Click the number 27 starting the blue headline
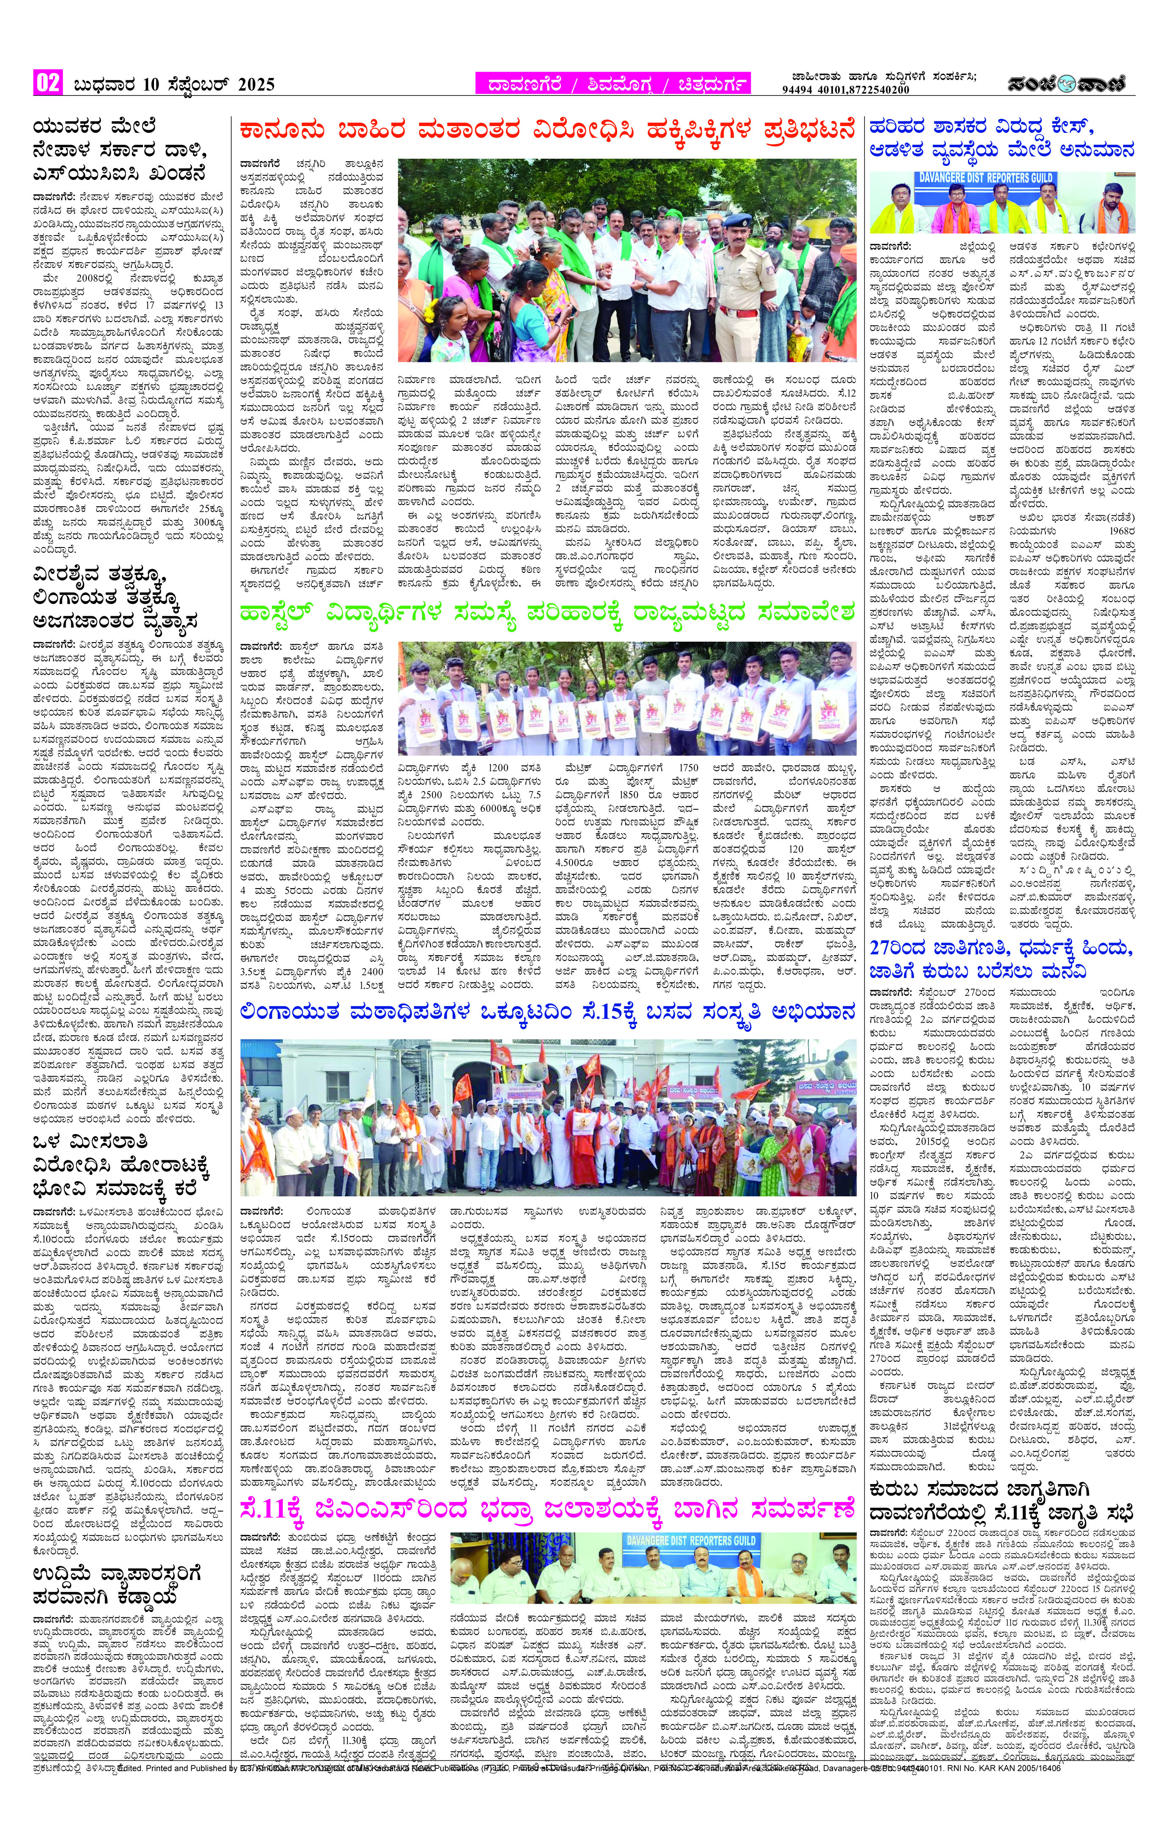881,949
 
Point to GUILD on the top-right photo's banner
1031,178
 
